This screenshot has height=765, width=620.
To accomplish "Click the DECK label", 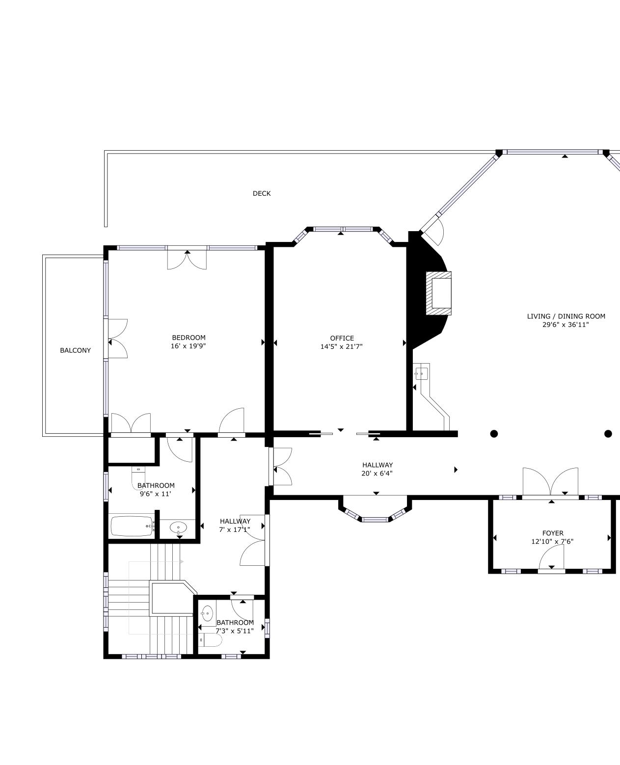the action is [262, 194].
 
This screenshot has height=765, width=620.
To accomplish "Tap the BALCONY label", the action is [76, 350].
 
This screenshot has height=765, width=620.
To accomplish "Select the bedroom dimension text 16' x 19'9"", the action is [188, 346].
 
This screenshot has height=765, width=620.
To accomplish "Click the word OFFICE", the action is [342, 338].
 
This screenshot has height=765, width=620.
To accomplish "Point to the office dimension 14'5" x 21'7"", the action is [342, 346].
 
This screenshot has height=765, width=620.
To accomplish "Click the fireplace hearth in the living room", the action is [438, 293].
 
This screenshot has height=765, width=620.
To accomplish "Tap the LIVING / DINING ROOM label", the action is [566, 317].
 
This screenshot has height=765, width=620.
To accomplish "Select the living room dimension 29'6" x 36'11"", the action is [566, 325].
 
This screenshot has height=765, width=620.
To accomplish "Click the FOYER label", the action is [553, 533].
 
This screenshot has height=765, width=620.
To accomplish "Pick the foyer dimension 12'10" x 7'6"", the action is [552, 542].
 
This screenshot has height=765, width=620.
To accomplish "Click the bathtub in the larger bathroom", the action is [132, 526].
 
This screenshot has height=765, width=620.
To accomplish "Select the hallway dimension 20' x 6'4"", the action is [377, 474].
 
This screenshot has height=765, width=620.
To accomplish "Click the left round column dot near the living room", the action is [494, 434].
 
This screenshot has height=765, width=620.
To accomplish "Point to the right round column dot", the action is [608, 434].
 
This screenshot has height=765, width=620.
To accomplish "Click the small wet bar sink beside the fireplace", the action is [421, 374].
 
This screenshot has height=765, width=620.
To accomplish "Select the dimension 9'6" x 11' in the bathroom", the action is [155, 494].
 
